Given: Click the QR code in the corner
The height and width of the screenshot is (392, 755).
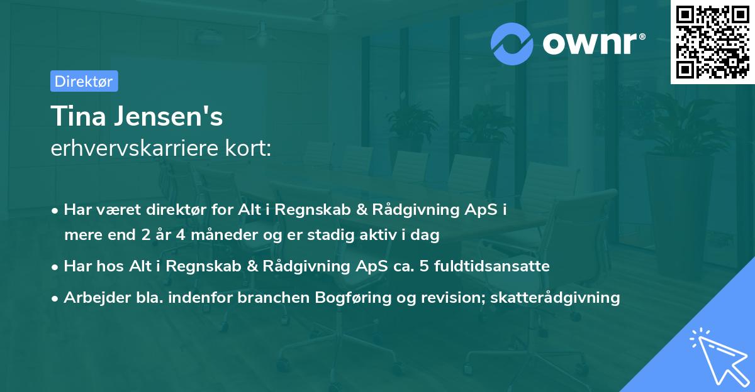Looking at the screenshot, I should click(x=712, y=42).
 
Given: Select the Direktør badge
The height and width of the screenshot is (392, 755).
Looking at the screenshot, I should click(x=84, y=81).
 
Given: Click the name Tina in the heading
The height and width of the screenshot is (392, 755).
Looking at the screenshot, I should click(x=75, y=117).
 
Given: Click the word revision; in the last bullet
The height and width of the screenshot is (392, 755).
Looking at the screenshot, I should click(x=450, y=297).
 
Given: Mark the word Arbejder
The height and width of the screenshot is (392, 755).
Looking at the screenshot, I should click(x=93, y=297).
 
